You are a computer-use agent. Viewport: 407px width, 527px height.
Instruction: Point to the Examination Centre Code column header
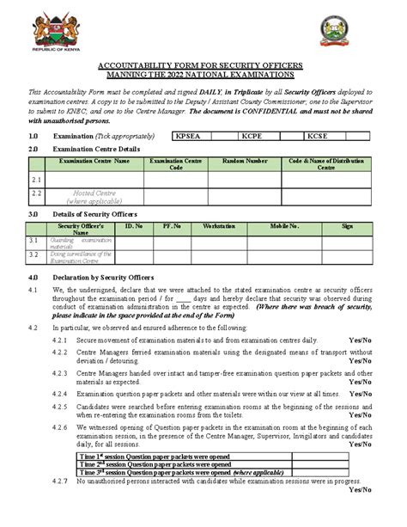click(172, 164)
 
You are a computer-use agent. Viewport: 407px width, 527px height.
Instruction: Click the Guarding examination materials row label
click(81, 243)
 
